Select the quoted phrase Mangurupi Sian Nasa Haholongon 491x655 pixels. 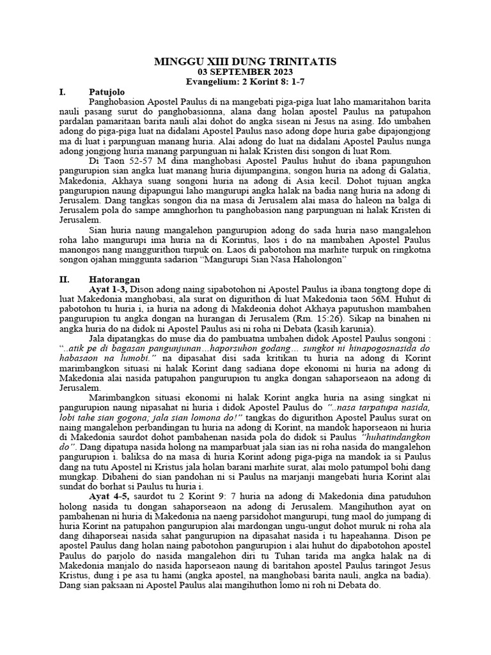coord(282,260)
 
